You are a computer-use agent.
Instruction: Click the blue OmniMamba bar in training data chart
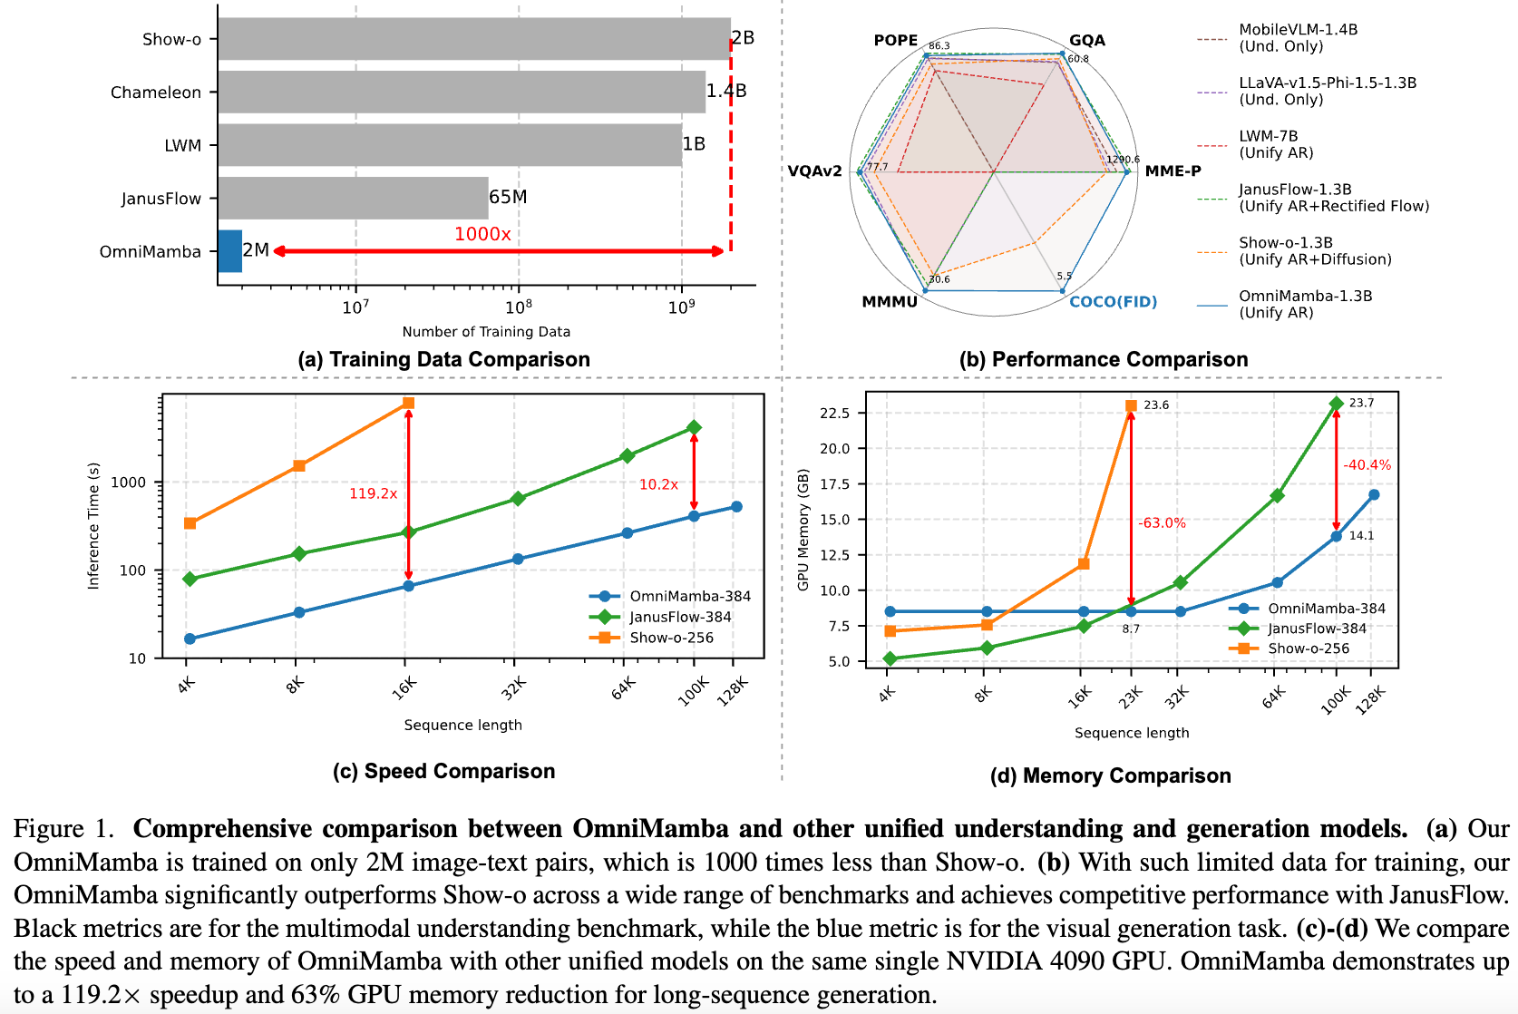[230, 251]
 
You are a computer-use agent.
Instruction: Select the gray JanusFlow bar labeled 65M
[353, 198]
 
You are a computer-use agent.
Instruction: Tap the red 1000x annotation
[482, 234]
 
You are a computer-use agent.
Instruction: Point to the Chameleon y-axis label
[156, 93]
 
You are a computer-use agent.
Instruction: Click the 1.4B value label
[726, 91]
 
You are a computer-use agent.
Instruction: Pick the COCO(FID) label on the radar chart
[1113, 302]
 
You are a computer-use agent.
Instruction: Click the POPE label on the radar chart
[896, 40]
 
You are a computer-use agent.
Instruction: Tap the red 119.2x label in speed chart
[374, 493]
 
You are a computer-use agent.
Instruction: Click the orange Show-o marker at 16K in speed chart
[408, 403]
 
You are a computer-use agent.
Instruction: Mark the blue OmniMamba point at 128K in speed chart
[736, 507]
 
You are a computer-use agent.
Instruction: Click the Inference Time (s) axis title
[93, 526]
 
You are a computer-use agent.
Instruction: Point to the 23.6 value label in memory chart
[1156, 405]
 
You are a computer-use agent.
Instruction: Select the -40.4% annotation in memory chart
[1367, 465]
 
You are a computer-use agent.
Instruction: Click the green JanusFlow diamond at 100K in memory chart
[1336, 404]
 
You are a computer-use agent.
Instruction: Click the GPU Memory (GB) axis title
[803, 530]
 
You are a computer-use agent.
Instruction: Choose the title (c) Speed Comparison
[443, 771]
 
